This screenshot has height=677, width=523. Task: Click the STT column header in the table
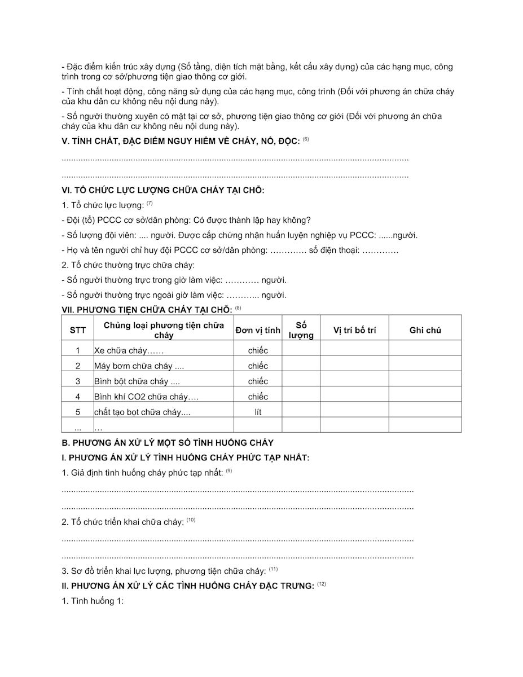click(x=78, y=331)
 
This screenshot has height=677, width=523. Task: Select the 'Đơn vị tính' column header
click(x=258, y=331)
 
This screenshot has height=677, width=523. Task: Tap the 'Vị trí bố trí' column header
click(x=354, y=331)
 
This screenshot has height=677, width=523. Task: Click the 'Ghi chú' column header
click(x=425, y=331)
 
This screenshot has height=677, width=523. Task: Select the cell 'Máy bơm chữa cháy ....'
click(x=139, y=366)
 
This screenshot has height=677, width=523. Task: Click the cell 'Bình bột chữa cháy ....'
click(x=137, y=381)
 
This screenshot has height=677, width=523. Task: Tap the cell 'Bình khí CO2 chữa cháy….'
click(x=146, y=397)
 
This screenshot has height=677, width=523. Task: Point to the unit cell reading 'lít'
click(x=258, y=412)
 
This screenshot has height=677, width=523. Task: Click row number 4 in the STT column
click(x=78, y=397)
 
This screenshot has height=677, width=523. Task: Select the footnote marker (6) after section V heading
click(x=306, y=139)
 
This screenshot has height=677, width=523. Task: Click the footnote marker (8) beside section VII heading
click(x=238, y=307)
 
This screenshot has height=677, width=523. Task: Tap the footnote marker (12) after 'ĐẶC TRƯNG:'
click(x=322, y=584)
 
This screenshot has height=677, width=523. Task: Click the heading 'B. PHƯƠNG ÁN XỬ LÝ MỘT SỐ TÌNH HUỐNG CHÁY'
click(x=168, y=443)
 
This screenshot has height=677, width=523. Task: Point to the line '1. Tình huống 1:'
click(x=93, y=601)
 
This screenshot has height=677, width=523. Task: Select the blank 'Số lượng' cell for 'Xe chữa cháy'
click(x=301, y=350)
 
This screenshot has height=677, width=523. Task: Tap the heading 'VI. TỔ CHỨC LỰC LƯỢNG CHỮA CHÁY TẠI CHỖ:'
click(x=163, y=190)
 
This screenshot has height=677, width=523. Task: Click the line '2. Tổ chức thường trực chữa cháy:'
click(x=128, y=265)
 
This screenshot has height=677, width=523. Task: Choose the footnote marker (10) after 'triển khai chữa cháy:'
click(x=191, y=520)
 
